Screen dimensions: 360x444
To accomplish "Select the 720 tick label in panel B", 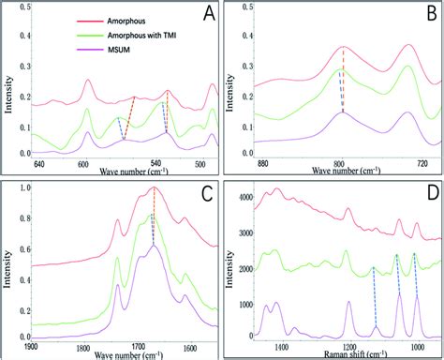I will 422,163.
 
